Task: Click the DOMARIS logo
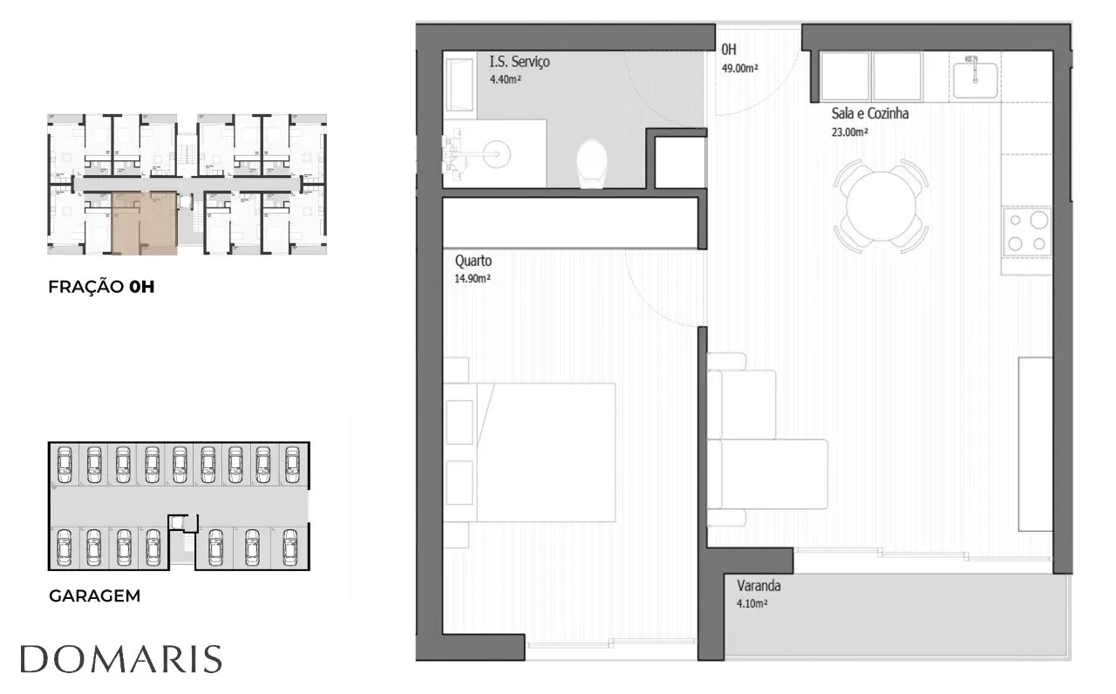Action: coord(121,659)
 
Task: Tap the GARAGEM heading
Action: coord(95,595)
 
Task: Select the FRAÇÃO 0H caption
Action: coord(102,287)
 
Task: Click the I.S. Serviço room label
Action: coord(520,62)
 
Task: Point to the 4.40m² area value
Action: coord(505,79)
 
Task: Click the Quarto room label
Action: coord(473,261)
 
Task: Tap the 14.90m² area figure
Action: coord(473,278)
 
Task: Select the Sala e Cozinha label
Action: coord(870,113)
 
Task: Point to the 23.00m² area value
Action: coord(849,132)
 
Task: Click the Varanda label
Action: coord(759,586)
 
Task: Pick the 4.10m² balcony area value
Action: coord(752,604)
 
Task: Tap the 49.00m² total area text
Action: coord(740,68)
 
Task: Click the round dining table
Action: coord(881,207)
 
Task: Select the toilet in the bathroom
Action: coord(592,163)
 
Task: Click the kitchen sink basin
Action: coord(975,79)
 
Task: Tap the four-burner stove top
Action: coord(1027,232)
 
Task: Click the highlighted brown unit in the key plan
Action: coord(145,223)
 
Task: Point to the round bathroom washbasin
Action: coord(496,154)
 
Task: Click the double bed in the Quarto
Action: coord(529,452)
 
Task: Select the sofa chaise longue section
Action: coord(767,474)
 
